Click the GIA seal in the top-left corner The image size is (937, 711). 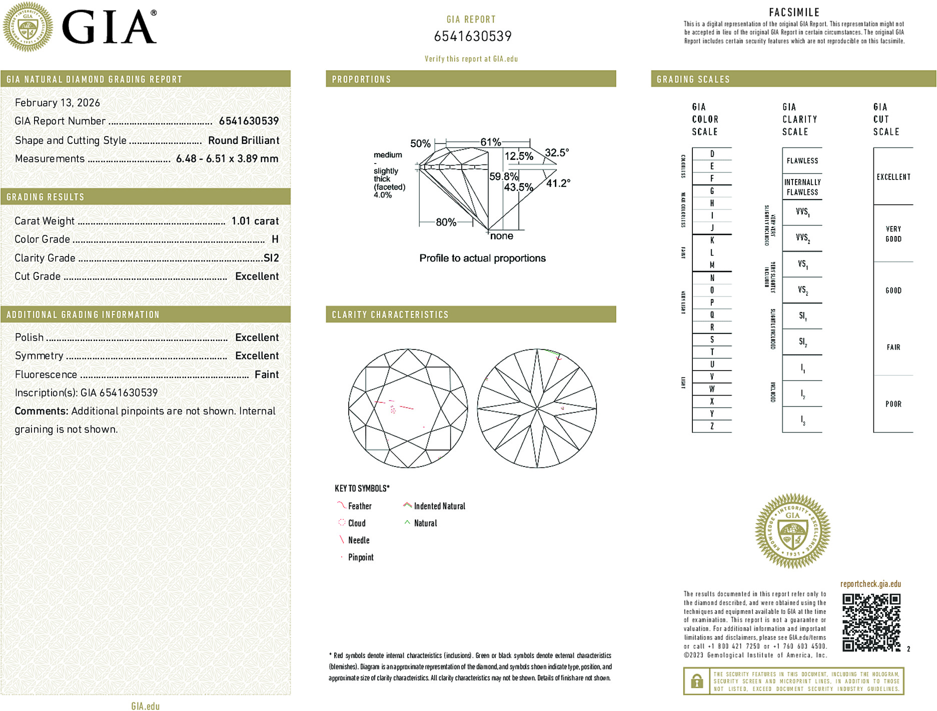pos(28,26)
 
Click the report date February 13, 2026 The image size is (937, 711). pos(58,103)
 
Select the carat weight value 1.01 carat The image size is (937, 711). pos(255,221)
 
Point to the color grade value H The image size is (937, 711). pos(275,239)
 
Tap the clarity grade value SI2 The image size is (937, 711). pos(271,258)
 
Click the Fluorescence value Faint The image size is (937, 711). pos(267,374)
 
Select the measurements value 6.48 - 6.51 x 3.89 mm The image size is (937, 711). pos(227,159)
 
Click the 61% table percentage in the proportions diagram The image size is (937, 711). pos(490,142)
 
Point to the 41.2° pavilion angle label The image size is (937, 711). pos(558,183)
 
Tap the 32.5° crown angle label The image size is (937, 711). pos(556,152)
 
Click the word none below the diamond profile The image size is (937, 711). pos(501,236)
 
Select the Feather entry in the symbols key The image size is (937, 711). pos(360,506)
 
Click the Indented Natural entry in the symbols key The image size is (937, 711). pos(439,506)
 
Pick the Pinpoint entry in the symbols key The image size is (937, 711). pos(361,557)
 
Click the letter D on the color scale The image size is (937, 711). pos(712,154)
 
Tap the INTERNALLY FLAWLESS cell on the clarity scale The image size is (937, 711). pos(802,187)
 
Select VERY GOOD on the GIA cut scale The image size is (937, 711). pos(893,234)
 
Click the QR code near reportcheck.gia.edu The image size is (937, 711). pos(871,622)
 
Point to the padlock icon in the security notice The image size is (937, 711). pos(697,681)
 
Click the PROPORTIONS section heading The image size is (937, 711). pos(361,79)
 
